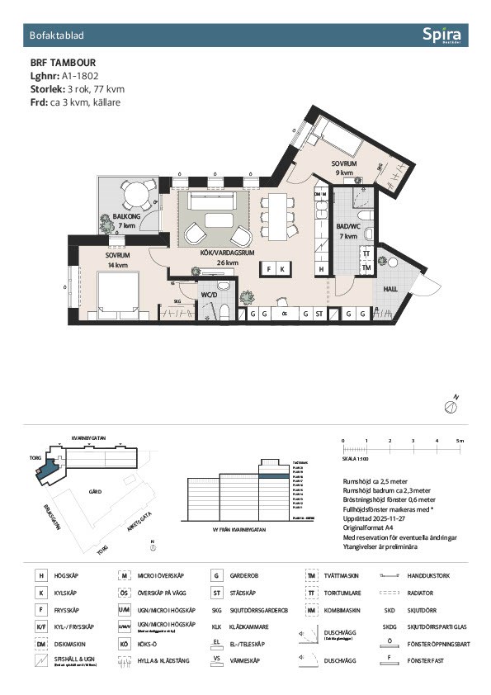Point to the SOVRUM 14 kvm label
(x=116, y=260)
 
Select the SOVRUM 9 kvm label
(x=343, y=168)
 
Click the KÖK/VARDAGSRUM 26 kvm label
(x=216, y=258)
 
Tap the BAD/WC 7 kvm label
(x=347, y=231)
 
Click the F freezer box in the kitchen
(x=269, y=269)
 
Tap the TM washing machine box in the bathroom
(x=366, y=268)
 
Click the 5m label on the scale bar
(x=460, y=442)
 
